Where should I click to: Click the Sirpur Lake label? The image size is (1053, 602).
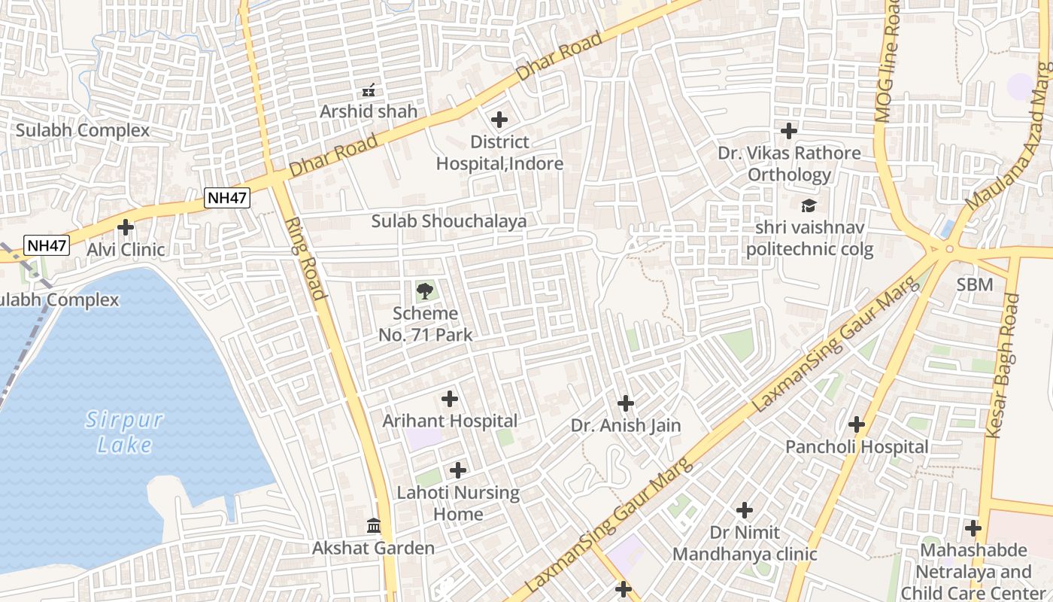(124, 432)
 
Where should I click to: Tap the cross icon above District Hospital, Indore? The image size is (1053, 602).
(499, 120)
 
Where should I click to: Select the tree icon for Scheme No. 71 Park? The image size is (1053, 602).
(425, 291)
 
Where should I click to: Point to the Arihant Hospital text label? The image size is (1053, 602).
(450, 421)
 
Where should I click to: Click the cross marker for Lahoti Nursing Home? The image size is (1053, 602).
(457, 471)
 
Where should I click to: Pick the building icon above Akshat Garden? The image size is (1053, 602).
(373, 525)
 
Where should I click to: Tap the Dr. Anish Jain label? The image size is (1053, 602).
(626, 426)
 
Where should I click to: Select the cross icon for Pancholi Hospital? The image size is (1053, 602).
(856, 424)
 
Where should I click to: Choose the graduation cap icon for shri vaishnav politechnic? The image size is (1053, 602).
(809, 205)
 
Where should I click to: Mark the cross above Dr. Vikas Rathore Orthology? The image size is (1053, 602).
(788, 131)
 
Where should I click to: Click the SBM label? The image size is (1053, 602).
(975, 284)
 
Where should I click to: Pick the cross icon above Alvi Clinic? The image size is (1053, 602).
(126, 227)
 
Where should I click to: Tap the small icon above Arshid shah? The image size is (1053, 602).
(369, 90)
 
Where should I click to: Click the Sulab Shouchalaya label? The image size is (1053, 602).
(448, 221)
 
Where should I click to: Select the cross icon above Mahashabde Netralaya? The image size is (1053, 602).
(973, 528)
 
